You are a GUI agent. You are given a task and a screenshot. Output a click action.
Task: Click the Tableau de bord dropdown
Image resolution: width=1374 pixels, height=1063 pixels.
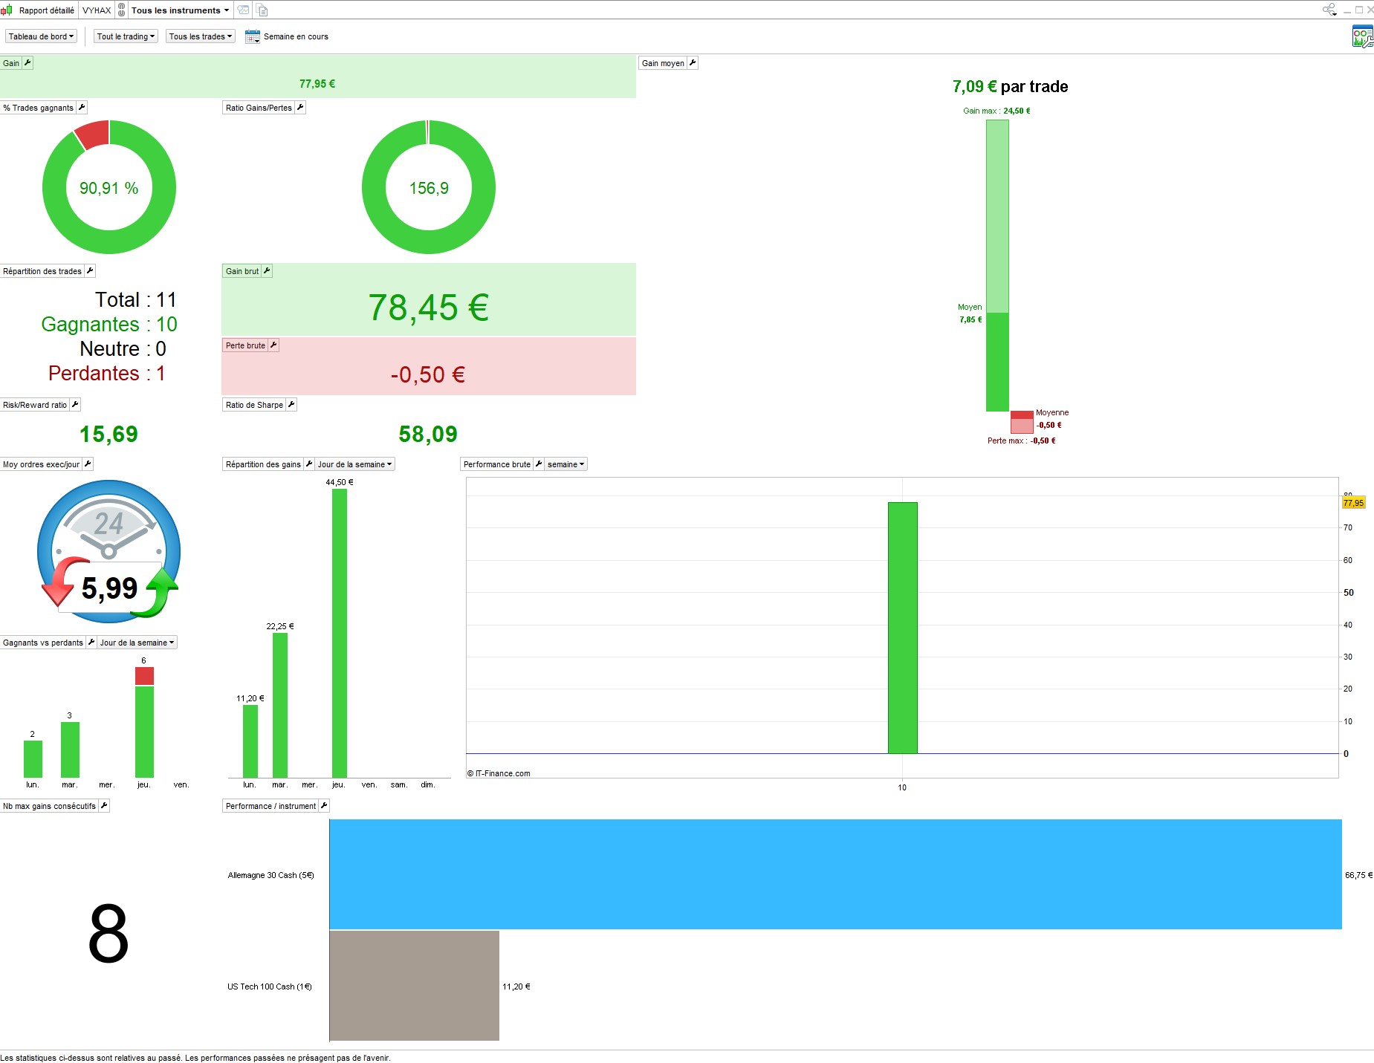42,36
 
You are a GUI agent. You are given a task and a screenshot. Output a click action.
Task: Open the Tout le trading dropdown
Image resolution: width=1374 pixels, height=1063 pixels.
126,36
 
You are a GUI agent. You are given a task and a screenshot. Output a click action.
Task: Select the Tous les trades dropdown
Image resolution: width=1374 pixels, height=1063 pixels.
200,36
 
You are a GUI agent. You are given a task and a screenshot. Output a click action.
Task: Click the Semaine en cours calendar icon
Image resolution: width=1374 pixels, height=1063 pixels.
252,36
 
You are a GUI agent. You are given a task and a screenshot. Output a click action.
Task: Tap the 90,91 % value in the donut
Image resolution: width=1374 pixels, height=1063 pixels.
108,189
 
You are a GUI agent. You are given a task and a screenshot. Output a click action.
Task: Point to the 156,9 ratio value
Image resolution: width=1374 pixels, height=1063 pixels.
429,189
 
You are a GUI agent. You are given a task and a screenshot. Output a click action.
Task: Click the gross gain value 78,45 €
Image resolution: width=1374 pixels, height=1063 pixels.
428,308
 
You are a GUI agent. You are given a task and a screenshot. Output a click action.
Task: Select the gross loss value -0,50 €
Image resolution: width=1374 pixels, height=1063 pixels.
428,374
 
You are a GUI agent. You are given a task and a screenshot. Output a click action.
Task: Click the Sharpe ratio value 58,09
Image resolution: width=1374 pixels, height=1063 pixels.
428,434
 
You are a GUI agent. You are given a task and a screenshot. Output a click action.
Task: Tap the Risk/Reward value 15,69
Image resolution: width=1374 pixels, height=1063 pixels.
108,434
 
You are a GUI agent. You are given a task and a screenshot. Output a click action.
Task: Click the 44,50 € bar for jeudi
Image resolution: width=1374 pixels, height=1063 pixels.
339,631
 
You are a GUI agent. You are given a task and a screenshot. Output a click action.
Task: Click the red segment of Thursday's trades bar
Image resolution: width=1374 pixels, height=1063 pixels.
144,676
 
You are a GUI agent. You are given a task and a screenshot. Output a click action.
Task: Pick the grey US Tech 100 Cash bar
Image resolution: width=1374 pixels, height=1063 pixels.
414,986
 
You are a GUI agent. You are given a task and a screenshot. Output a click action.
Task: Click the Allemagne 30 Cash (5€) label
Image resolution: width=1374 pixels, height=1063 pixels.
270,875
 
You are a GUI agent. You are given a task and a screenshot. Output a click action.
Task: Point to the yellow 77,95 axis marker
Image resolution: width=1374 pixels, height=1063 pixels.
1353,503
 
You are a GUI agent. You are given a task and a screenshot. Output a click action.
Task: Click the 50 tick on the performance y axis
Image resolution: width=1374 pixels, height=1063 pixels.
1348,593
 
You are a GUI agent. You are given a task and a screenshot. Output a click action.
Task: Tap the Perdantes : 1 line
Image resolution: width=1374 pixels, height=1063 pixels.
106,373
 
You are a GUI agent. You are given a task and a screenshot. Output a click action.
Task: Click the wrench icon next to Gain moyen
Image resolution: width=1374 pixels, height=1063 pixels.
693,63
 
